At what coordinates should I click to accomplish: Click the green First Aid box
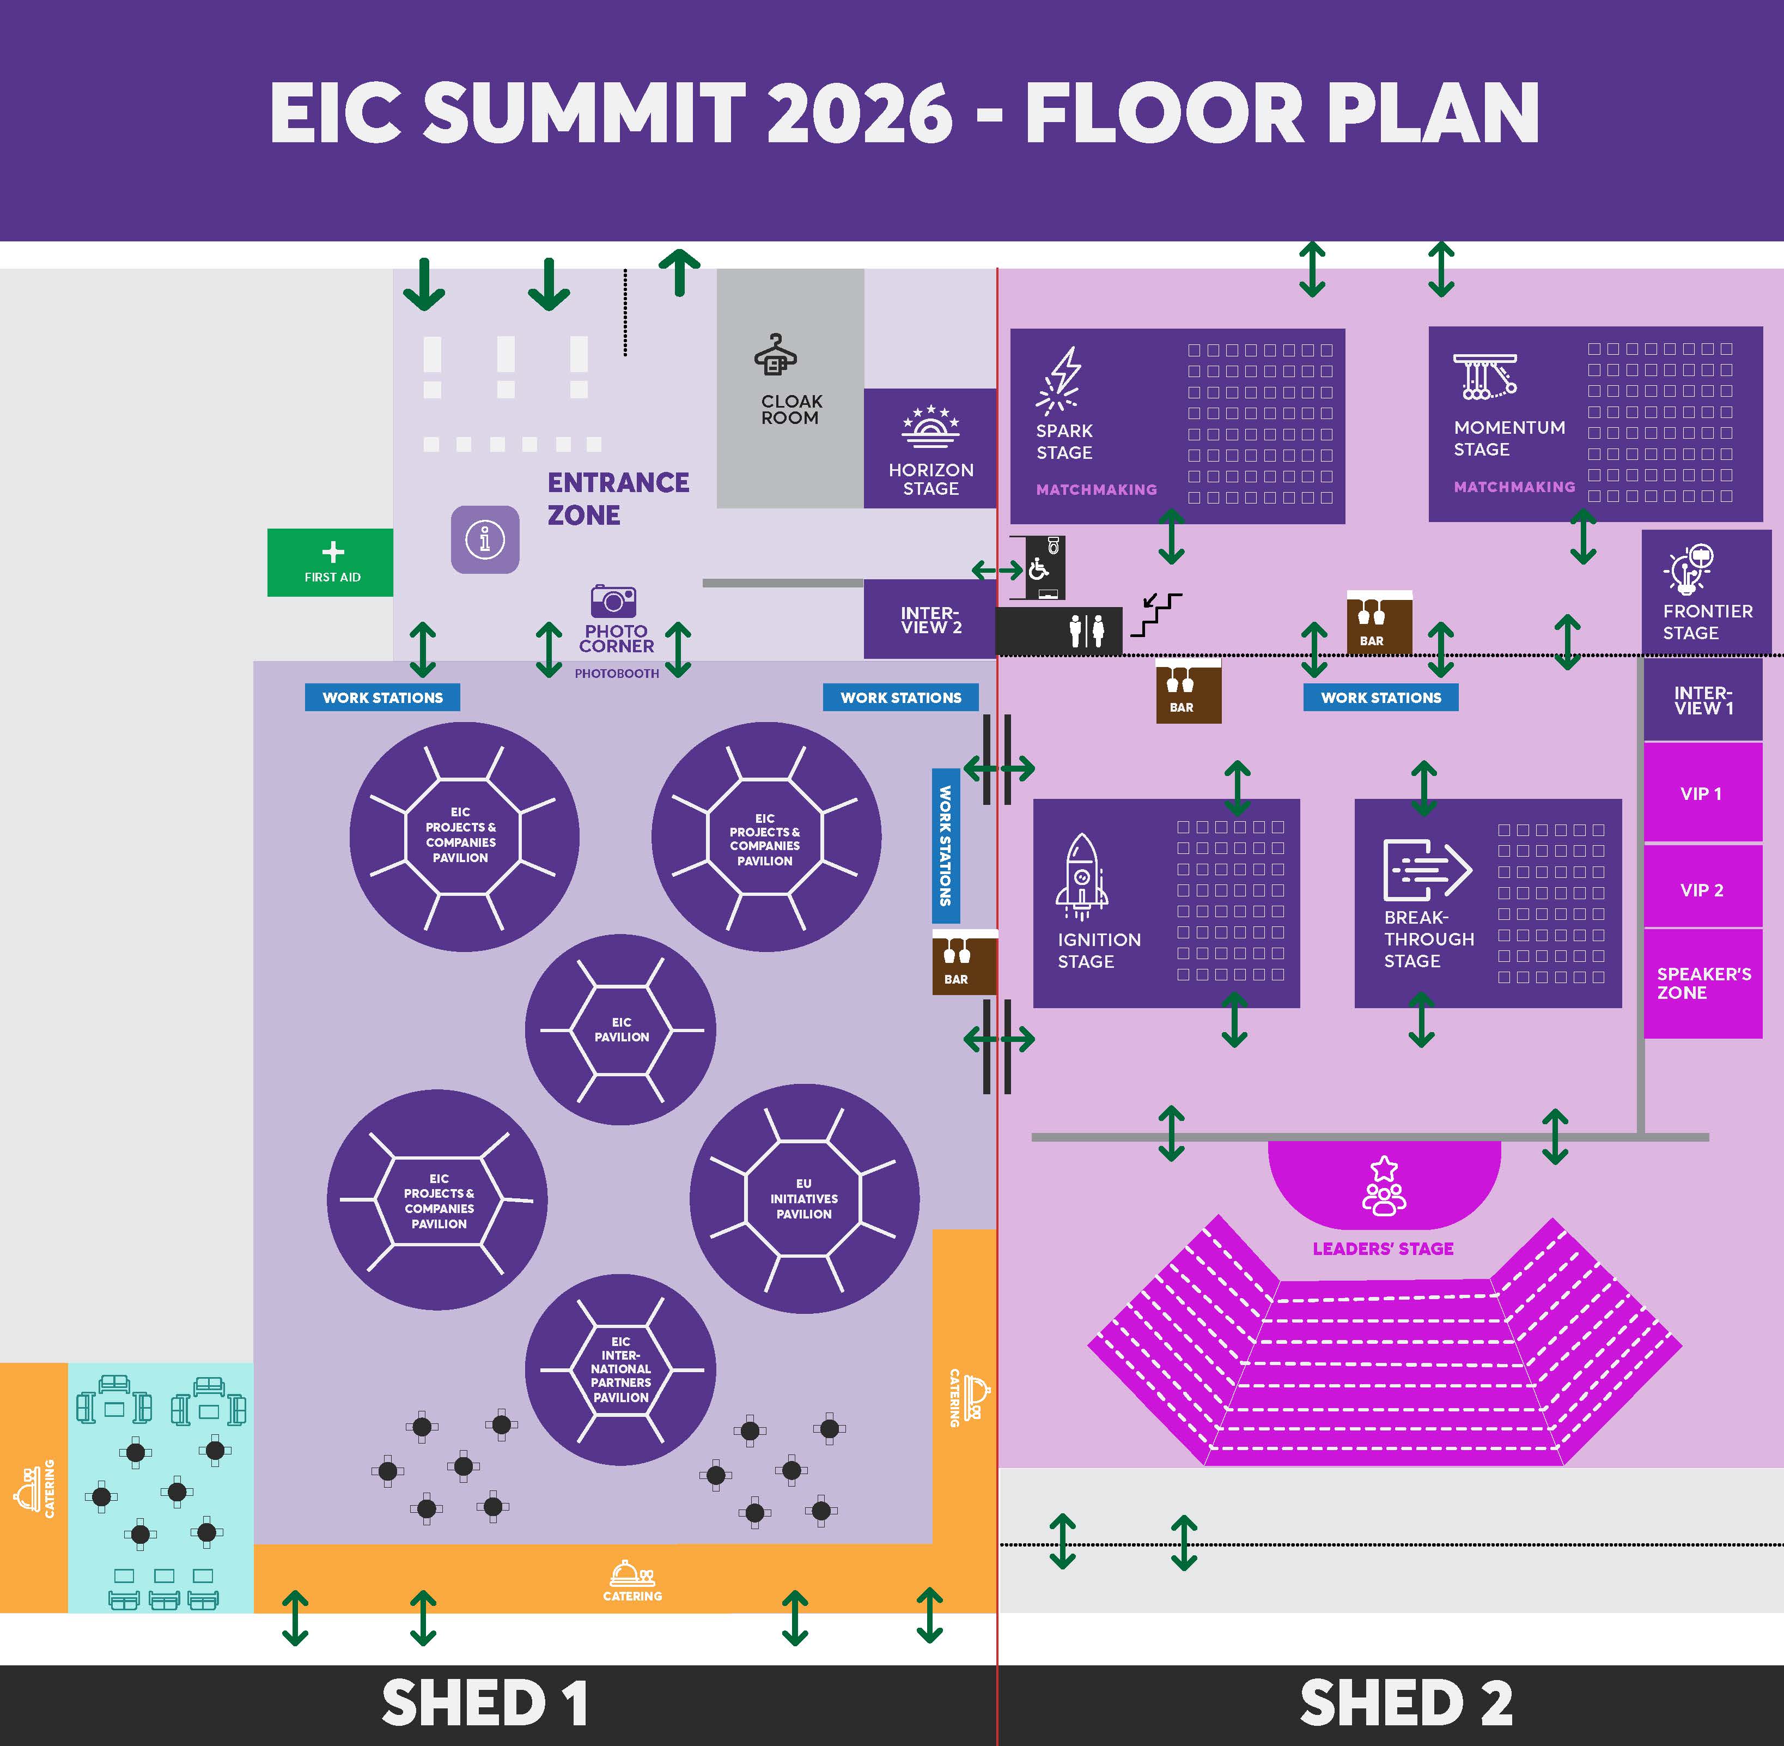330,562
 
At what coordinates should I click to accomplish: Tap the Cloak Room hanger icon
776,355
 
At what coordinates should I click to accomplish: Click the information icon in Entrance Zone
485,539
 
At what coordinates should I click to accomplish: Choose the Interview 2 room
930,619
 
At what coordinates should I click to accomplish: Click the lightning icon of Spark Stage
1061,380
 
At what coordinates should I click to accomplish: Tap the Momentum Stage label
1509,438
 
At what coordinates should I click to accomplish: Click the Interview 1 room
1702,700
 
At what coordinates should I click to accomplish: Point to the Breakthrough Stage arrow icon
1427,869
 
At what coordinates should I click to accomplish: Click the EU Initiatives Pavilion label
804,1198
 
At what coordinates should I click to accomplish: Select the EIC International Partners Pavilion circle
620,1369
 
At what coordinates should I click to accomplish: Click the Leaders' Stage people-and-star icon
1384,1187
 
